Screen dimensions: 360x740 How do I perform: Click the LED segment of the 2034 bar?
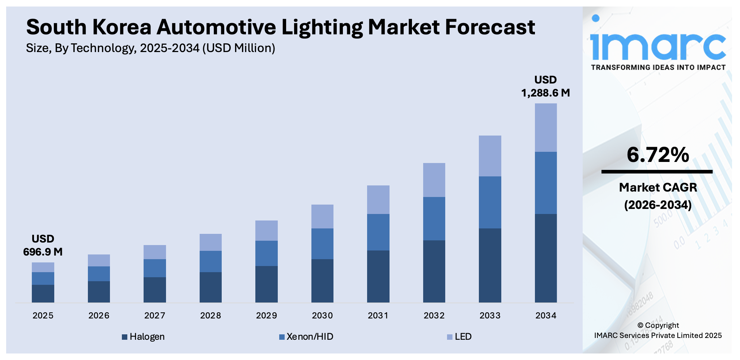click(x=545, y=127)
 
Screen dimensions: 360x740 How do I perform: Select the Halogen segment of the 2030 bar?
click(x=322, y=280)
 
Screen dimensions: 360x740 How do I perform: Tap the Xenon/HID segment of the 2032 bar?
click(x=434, y=218)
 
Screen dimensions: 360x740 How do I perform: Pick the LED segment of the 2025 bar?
click(x=43, y=267)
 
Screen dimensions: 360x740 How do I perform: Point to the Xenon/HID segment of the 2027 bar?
click(x=154, y=268)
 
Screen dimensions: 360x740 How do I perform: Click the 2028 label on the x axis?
click(x=210, y=316)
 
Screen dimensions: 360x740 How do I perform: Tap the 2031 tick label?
click(x=378, y=316)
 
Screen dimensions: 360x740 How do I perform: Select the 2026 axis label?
click(x=99, y=316)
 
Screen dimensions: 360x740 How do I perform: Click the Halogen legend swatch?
click(x=124, y=337)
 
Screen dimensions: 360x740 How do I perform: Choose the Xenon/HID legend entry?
click(x=306, y=337)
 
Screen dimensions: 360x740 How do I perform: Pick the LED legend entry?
click(x=459, y=337)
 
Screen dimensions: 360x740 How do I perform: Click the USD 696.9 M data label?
click(x=43, y=245)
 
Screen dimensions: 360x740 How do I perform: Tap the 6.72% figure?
click(x=658, y=155)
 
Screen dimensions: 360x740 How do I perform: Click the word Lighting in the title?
click(x=322, y=27)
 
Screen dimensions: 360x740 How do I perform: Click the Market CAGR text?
click(x=658, y=187)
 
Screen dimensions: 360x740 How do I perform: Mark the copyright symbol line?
click(x=658, y=325)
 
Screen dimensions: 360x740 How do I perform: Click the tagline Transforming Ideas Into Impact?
click(x=658, y=67)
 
